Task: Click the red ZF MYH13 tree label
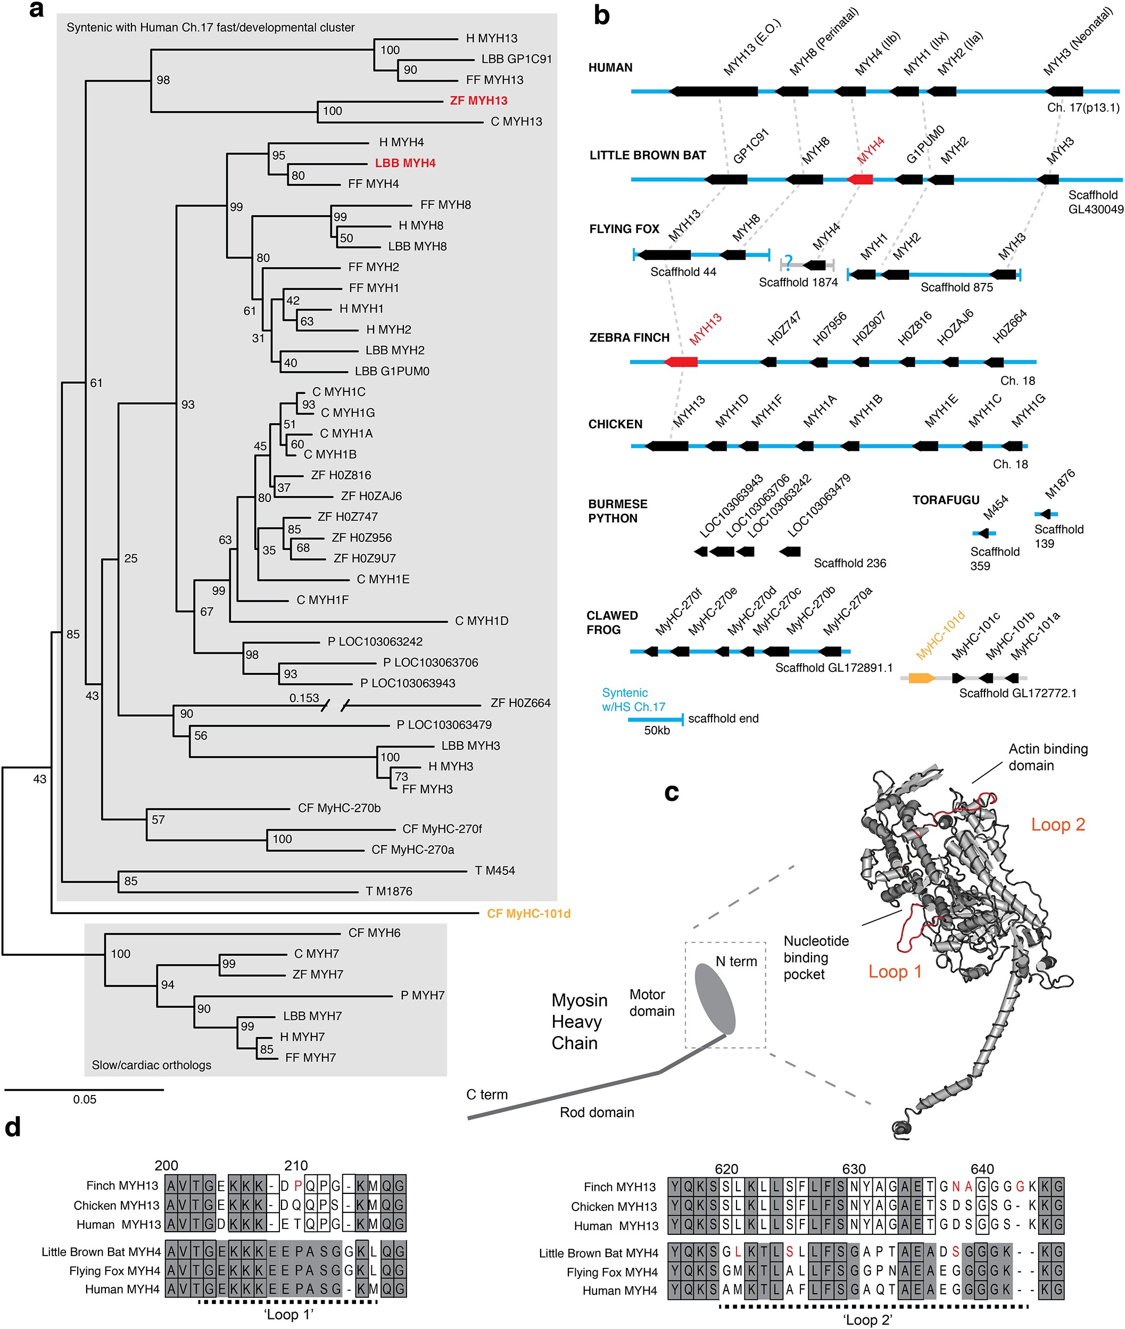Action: coord(478,100)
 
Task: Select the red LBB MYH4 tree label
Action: coord(405,163)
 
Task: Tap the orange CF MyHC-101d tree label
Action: coord(528,914)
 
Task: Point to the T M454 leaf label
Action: coord(495,870)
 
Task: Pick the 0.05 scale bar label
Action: coord(84,1099)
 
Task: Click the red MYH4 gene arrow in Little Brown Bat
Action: coord(859,180)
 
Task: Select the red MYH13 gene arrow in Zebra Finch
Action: coord(681,362)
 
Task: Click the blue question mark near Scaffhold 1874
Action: coord(789,262)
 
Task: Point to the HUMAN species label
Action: coord(610,68)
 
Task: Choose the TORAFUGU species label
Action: coord(946,500)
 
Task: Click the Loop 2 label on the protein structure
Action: coord(1058,824)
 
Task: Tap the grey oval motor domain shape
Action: coord(715,999)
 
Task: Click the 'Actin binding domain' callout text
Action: coord(1048,757)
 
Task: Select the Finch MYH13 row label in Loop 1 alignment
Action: coord(122,1185)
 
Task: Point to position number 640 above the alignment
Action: coord(982,1169)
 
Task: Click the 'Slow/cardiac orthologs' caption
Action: coord(151,1065)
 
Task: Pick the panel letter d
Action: coord(13,1127)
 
